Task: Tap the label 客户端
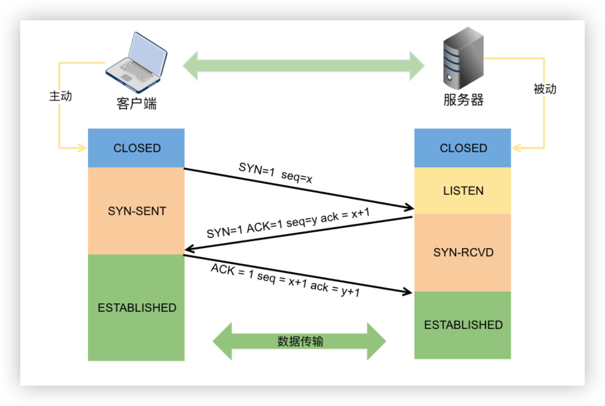coord(137,104)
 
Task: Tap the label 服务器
coord(463,100)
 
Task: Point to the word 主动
coord(60,96)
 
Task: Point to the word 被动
coord(545,89)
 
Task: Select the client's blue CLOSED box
coord(136,148)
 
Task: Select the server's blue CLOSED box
coord(463,148)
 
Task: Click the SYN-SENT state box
coord(136,211)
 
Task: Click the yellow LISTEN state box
coord(463,191)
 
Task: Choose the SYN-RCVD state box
coord(463,252)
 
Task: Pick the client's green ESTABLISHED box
coord(136,308)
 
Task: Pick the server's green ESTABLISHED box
coord(463,325)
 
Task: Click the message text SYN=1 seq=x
coord(275,173)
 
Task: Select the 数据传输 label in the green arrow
coord(300,341)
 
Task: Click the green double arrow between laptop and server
coord(303,65)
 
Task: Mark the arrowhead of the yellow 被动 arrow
coord(516,148)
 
